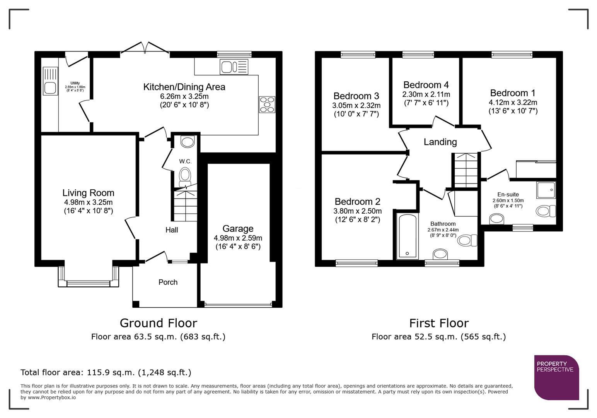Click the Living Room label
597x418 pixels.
(x=88, y=193)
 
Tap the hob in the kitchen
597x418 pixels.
(x=267, y=104)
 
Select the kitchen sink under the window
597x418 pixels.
(x=233, y=67)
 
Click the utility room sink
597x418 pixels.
(x=50, y=81)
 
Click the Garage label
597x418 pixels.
(x=238, y=228)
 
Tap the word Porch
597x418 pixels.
(x=168, y=282)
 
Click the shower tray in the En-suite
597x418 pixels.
(x=546, y=190)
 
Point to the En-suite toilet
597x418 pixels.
(x=545, y=211)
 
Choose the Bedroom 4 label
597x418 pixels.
(x=426, y=85)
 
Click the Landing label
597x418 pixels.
(x=440, y=142)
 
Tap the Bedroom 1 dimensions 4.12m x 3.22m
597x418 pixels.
(x=513, y=103)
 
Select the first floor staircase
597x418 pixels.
(x=466, y=170)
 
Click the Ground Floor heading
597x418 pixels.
(x=158, y=323)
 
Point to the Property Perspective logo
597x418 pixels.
(x=556, y=377)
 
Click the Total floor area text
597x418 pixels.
(x=106, y=372)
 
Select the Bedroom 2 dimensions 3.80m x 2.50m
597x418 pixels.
(x=357, y=211)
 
